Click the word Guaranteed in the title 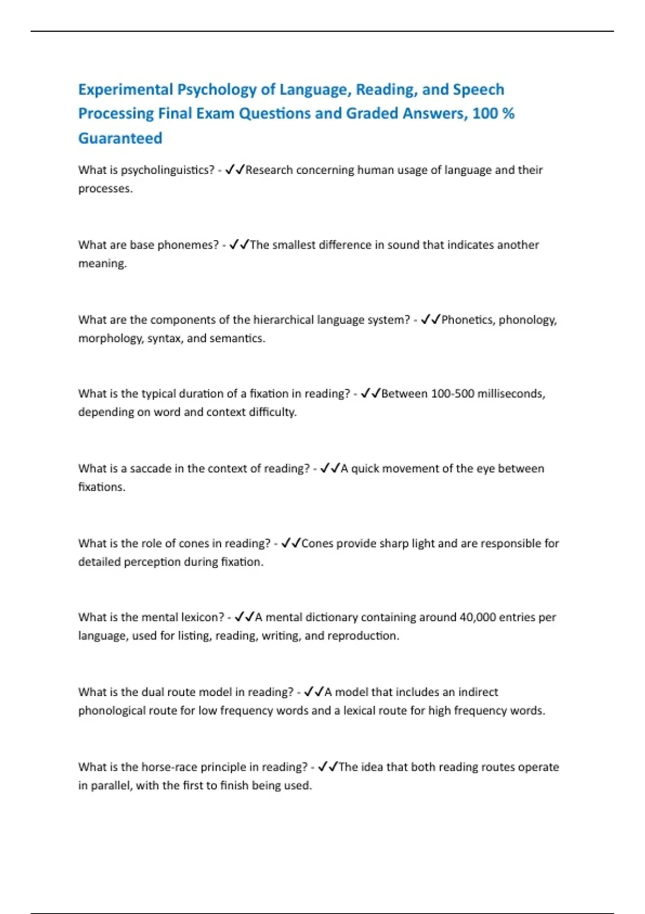(x=120, y=138)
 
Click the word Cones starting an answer (x=317, y=544)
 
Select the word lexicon (x=202, y=617)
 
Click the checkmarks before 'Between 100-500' (x=370, y=394)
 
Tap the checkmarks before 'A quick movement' (x=330, y=468)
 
